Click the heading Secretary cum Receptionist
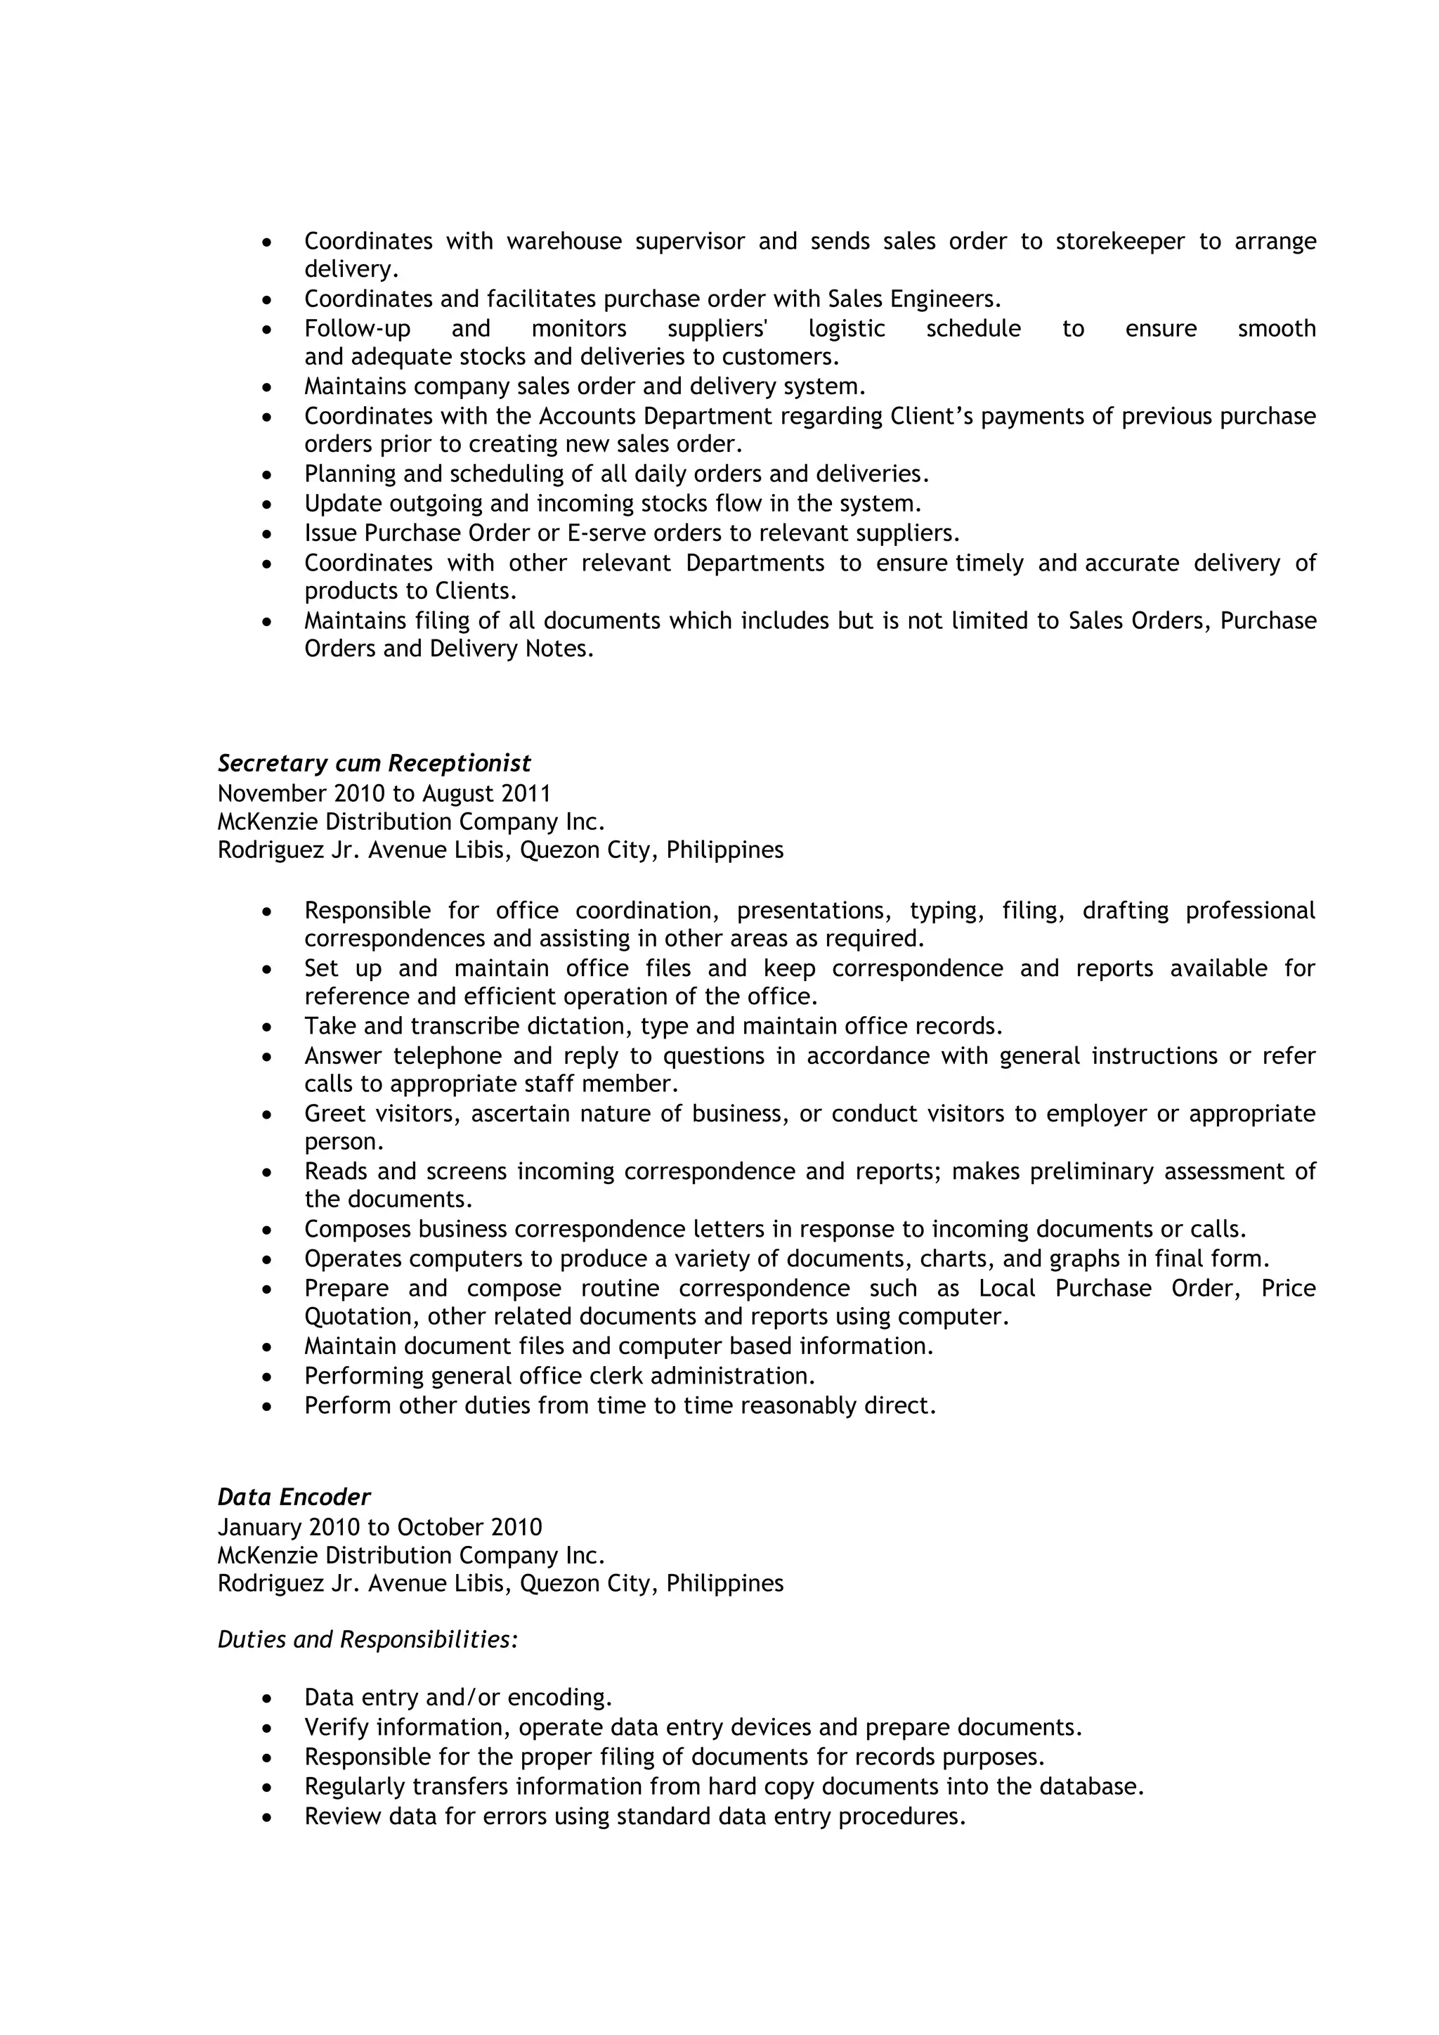tap(374, 763)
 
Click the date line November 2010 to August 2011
tap(384, 793)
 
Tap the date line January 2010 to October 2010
tap(379, 1527)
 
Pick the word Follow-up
tap(357, 329)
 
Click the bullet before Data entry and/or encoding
tap(267, 1699)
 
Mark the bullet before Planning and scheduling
tap(267, 476)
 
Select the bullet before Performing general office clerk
tap(267, 1377)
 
